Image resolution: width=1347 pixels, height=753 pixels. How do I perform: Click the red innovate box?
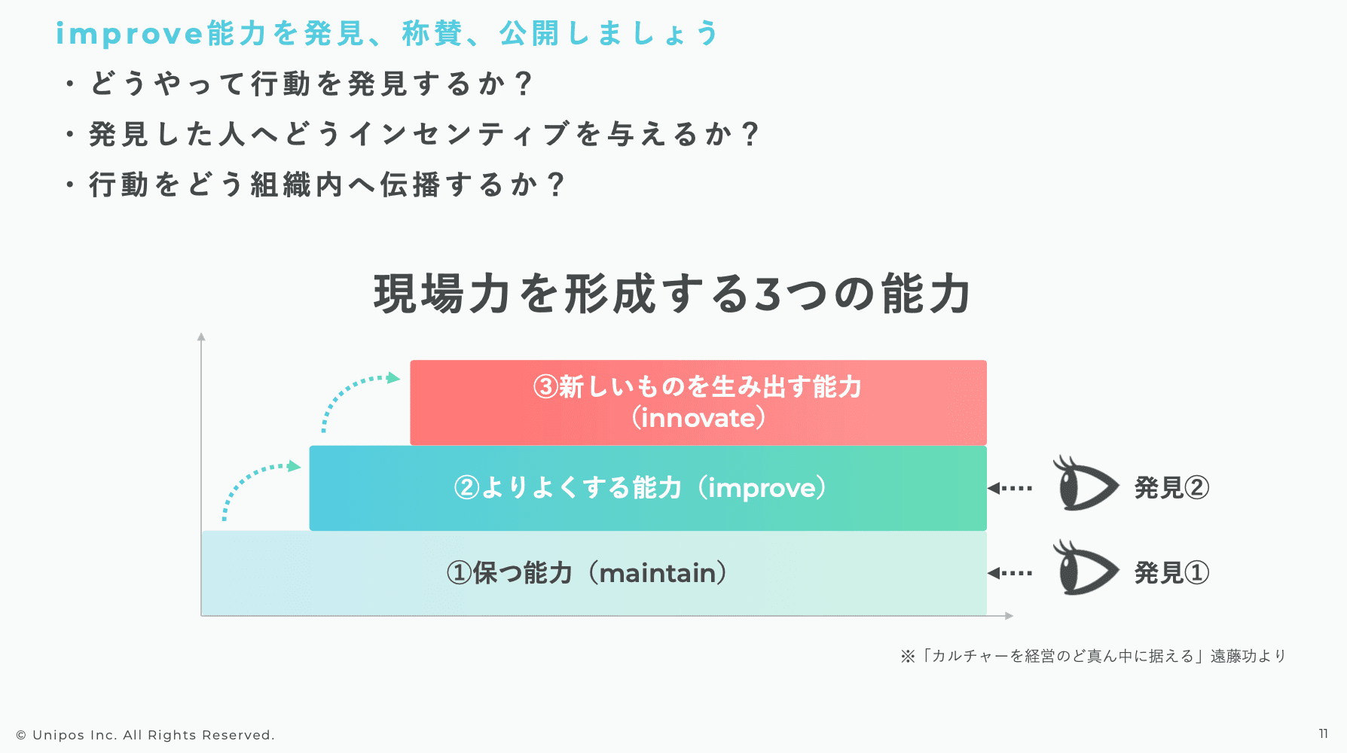(x=698, y=402)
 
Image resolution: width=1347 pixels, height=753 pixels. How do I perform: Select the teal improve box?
(x=648, y=488)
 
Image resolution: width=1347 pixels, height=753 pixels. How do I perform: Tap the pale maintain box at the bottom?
(x=594, y=573)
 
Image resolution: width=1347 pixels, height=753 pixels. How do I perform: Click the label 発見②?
(x=1171, y=488)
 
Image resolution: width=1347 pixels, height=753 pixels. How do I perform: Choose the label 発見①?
(x=1171, y=573)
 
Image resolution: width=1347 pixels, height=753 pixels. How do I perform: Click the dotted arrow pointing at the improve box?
(x=1009, y=488)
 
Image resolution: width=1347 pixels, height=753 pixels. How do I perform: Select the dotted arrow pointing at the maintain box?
(x=1009, y=573)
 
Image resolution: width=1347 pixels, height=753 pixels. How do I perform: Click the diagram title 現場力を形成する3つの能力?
(x=672, y=294)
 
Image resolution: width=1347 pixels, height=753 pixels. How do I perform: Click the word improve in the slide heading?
(x=130, y=34)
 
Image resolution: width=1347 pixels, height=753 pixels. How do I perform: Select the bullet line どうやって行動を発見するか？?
(x=299, y=83)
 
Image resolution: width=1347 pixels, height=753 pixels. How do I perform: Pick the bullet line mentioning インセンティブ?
(x=411, y=134)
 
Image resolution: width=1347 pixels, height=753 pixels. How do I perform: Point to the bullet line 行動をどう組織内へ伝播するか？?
(x=315, y=184)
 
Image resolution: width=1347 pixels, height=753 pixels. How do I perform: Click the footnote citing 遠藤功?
(x=1093, y=656)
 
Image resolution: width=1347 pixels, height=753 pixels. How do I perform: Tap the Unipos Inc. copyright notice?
(x=145, y=735)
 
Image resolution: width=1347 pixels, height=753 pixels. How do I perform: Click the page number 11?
(x=1324, y=733)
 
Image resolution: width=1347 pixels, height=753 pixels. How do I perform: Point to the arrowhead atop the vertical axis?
(x=201, y=337)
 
